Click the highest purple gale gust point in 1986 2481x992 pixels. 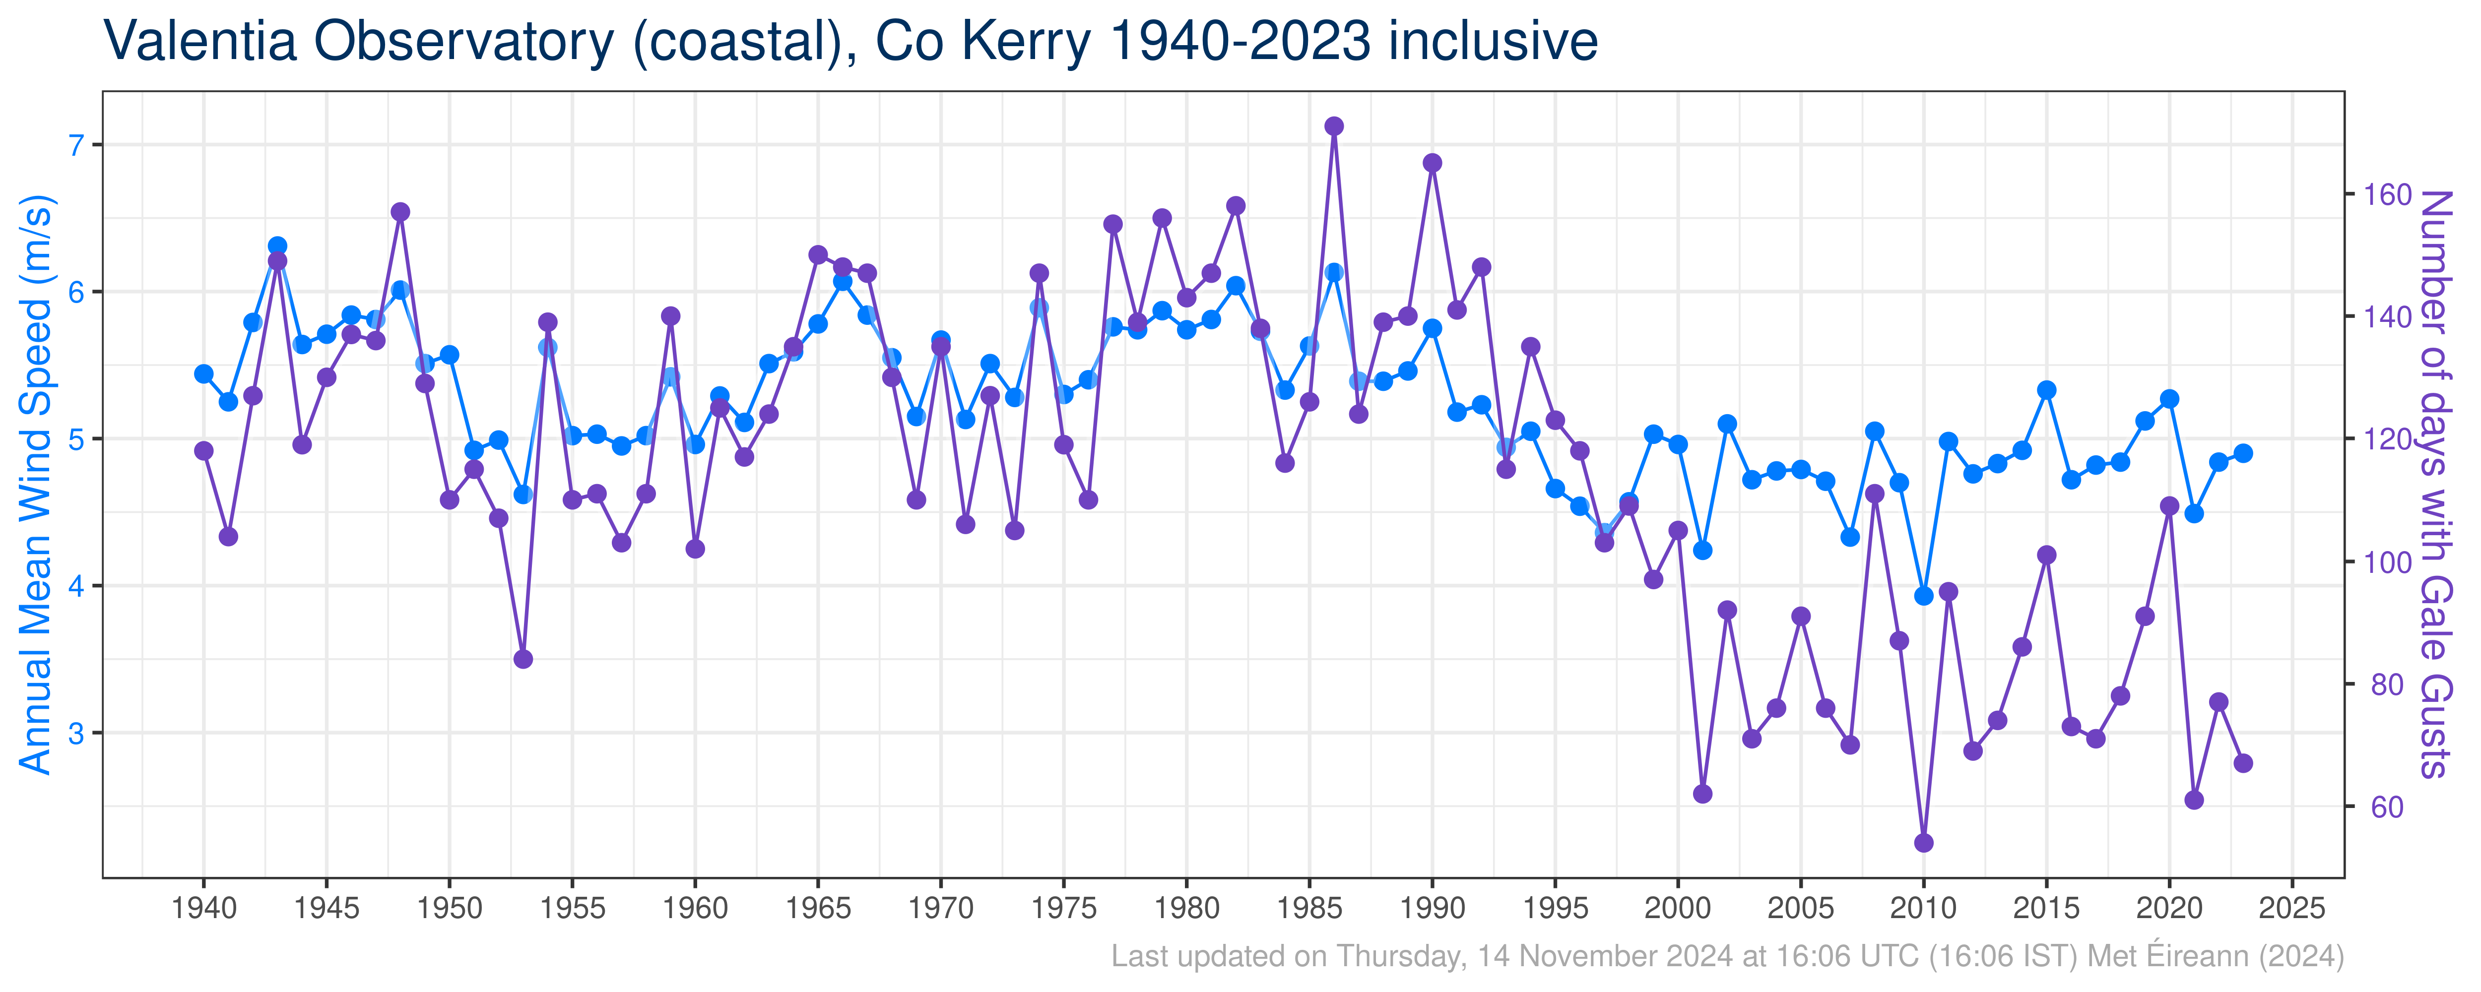click(x=1334, y=126)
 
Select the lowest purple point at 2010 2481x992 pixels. click(x=1923, y=843)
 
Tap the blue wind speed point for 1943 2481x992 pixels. click(x=277, y=246)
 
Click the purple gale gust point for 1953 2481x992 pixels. click(x=523, y=659)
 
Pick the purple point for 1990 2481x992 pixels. click(x=1432, y=163)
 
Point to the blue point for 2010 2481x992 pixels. click(x=1923, y=596)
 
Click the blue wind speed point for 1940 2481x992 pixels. click(x=203, y=373)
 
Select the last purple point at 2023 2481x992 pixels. click(x=2243, y=763)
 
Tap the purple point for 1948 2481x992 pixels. click(x=400, y=212)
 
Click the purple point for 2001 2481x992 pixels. click(x=1703, y=794)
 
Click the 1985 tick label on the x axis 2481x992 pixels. click(x=1309, y=908)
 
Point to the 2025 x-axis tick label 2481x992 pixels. click(x=2292, y=908)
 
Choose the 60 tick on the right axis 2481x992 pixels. click(x=2387, y=807)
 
